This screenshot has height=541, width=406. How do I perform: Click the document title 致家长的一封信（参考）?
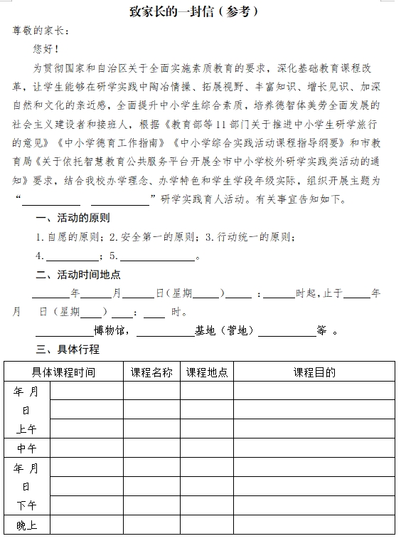point(203,11)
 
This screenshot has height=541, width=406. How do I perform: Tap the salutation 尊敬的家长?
point(40,31)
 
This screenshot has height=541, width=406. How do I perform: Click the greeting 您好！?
point(46,49)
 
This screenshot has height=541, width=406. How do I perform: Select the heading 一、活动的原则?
point(73,218)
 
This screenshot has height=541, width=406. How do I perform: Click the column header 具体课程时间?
point(63,372)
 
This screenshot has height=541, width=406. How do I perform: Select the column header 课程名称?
point(151,372)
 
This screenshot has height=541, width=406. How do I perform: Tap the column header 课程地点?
point(207,372)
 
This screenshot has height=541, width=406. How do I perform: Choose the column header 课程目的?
point(314,372)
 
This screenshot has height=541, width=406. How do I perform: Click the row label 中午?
point(26,448)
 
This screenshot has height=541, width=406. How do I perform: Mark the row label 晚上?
point(26,526)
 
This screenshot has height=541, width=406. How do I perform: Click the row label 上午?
point(26,429)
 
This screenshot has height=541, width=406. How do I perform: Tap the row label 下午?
point(26,505)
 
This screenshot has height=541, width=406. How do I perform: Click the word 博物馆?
point(109,330)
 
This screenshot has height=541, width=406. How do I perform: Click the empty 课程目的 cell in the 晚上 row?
point(314,525)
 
